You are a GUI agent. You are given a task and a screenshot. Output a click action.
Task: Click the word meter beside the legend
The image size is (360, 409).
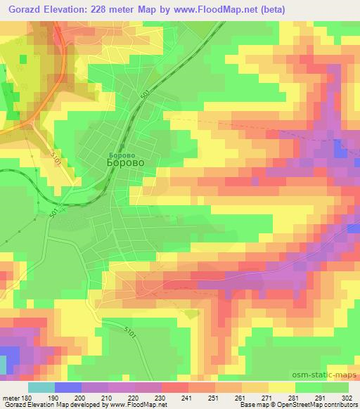(11, 398)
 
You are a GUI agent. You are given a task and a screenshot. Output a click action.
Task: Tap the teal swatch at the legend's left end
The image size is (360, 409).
(41, 387)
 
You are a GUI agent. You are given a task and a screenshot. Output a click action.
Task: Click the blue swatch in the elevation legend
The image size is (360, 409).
(67, 387)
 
